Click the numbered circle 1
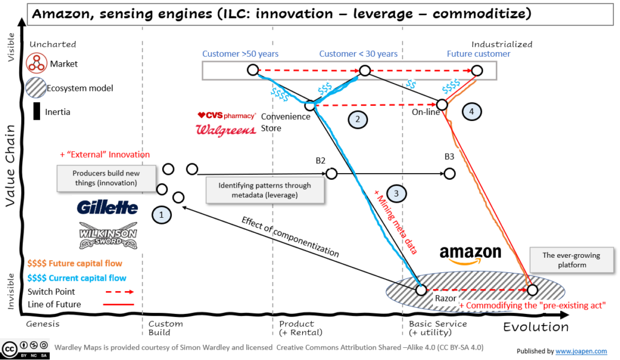coord(161,214)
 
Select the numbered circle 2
coord(358,120)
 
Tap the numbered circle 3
coord(396,193)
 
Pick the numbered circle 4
coord(471,111)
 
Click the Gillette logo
coord(107,207)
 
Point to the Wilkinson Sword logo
coord(108,235)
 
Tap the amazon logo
coord(470,254)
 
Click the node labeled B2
coord(331,174)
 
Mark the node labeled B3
coord(449,174)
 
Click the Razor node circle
coord(421,290)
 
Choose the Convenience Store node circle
coord(309,105)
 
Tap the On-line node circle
coord(443,104)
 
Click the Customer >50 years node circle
coord(252,71)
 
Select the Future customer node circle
coord(477,71)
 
